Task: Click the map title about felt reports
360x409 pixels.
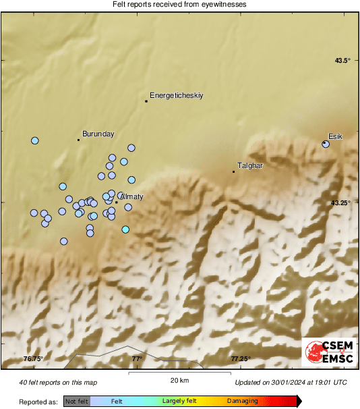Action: [179, 5]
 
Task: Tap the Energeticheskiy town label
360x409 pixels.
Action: [176, 96]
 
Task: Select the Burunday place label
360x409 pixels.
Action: [98, 134]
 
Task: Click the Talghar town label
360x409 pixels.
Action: [250, 165]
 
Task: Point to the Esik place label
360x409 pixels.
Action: [335, 137]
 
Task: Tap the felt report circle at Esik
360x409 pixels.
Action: [326, 144]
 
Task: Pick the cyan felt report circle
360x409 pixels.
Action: [125, 229]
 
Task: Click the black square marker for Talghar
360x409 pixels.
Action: [233, 171]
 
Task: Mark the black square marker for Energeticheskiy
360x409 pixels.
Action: [146, 101]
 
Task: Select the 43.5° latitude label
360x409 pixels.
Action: [343, 61]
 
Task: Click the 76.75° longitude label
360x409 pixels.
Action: [33, 358]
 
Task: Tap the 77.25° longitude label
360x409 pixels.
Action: [241, 358]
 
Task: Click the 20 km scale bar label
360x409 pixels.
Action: [179, 381]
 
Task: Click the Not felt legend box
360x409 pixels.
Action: [77, 401]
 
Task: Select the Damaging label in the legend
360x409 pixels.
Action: [242, 401]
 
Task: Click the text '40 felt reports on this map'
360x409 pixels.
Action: [59, 383]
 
